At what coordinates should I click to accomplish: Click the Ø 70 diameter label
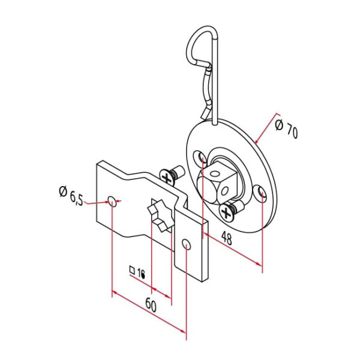click(x=286, y=129)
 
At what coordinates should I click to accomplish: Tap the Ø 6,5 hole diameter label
click(x=71, y=196)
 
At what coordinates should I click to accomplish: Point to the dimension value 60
click(x=150, y=305)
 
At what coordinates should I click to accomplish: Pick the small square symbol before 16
click(x=132, y=269)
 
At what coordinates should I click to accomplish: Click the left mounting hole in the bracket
click(x=112, y=200)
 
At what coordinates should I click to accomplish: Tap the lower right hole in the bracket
click(x=187, y=244)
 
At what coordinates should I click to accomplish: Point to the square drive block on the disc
click(x=216, y=183)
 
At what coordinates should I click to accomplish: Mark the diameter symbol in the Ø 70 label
click(x=279, y=125)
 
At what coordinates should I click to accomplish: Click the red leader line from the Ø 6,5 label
click(x=96, y=202)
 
